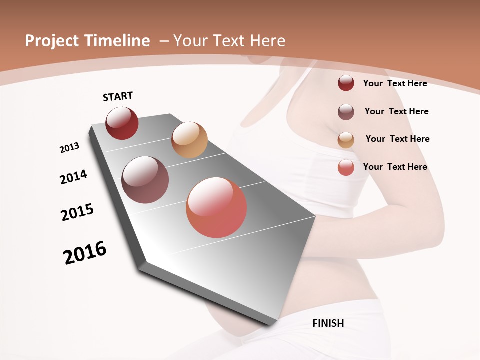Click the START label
point(118,96)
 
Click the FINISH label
point(328,323)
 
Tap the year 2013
point(69,148)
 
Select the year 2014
point(73,177)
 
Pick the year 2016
point(85,253)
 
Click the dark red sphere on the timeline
point(122,123)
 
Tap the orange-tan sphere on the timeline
point(189,140)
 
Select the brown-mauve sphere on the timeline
point(145,180)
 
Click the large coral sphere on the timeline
point(216,207)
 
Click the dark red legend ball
point(346,83)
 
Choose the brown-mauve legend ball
point(346,112)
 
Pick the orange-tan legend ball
point(346,140)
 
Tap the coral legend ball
point(346,168)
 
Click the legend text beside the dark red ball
point(395,83)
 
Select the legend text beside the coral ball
point(395,167)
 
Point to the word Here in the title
point(268,41)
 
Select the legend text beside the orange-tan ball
point(397,139)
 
